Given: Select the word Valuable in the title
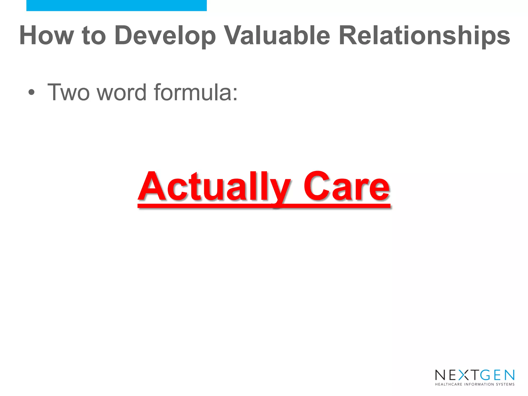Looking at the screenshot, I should coord(277,36).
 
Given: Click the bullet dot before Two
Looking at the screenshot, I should coord(31,92).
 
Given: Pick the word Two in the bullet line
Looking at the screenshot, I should coord(68,92).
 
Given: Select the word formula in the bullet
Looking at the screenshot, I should coord(192,92).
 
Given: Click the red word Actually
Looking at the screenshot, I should coord(214,187).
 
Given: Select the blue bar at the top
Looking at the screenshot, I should coord(116,5).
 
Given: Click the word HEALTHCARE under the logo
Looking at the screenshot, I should coord(448,384).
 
